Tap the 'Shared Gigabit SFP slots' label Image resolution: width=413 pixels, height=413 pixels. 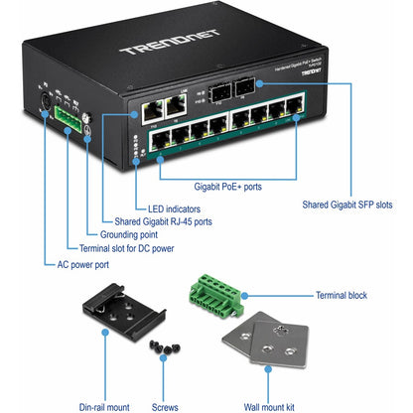coord(347,206)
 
